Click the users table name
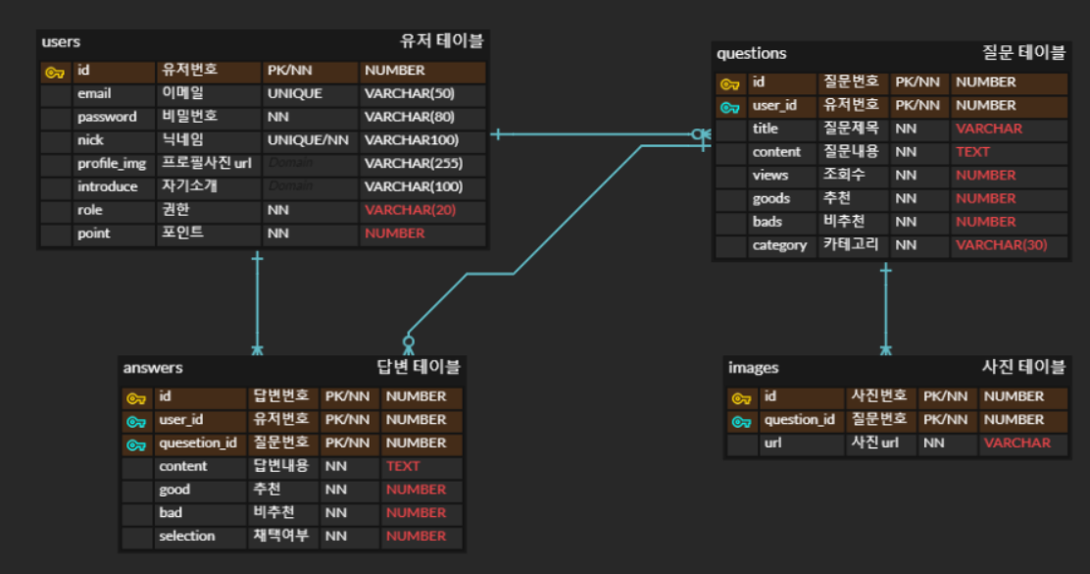[61, 42]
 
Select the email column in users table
[94, 94]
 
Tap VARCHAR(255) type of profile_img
[413, 164]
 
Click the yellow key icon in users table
[55, 72]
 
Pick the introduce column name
[108, 187]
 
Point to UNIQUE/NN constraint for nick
[307, 140]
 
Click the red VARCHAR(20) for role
[410, 210]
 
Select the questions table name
[751, 54]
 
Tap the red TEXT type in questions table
[972, 152]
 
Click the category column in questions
[779, 245]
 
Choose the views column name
[769, 176]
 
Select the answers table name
[153, 368]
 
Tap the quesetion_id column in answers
[197, 444]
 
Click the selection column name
[186, 537]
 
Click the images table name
[753, 368]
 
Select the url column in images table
[773, 444]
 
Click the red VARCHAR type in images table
[1016, 444]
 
